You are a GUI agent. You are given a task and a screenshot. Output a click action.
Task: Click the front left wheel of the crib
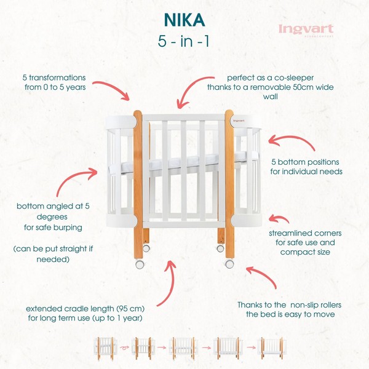140,264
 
